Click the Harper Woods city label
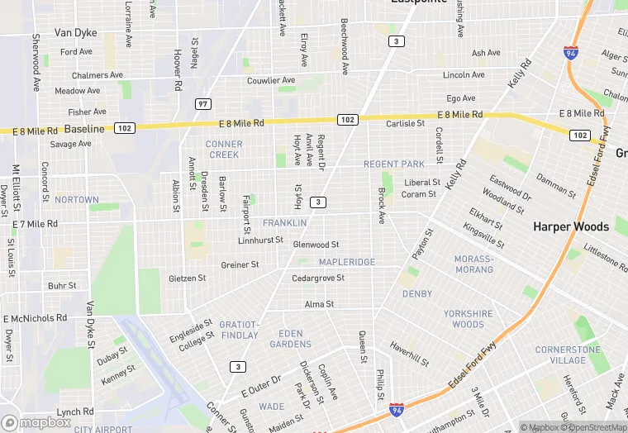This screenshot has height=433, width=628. (571, 226)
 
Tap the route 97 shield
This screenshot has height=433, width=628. (202, 104)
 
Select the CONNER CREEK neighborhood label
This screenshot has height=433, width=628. (224, 150)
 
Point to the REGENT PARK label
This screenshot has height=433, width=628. (394, 164)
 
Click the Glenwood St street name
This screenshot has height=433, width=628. (316, 245)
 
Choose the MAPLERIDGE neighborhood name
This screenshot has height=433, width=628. (347, 262)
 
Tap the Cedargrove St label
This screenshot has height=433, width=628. (318, 278)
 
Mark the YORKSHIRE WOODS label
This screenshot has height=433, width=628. (469, 319)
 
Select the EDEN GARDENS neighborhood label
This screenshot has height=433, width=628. (290, 339)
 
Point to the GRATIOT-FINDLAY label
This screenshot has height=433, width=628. (240, 330)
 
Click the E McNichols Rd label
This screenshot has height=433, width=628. (35, 318)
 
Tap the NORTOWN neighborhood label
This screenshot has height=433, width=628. (76, 200)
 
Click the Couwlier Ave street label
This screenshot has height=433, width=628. (271, 81)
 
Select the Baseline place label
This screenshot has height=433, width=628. (84, 129)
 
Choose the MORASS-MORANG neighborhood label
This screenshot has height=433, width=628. (473, 264)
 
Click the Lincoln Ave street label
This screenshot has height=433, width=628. (463, 75)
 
